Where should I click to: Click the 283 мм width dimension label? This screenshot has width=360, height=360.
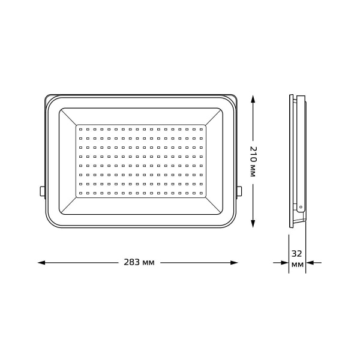click(139, 263)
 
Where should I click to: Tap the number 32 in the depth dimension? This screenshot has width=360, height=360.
click(296, 253)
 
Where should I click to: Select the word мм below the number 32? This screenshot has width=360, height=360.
click(296, 265)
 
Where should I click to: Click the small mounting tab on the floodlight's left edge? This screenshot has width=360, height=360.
click(41, 191)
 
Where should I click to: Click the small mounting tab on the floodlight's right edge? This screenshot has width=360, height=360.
click(239, 191)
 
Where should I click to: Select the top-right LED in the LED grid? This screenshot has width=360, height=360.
click(202, 128)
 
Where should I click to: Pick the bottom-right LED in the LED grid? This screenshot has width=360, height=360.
click(202, 193)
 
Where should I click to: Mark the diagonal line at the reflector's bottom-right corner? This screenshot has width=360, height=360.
click(214, 206)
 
